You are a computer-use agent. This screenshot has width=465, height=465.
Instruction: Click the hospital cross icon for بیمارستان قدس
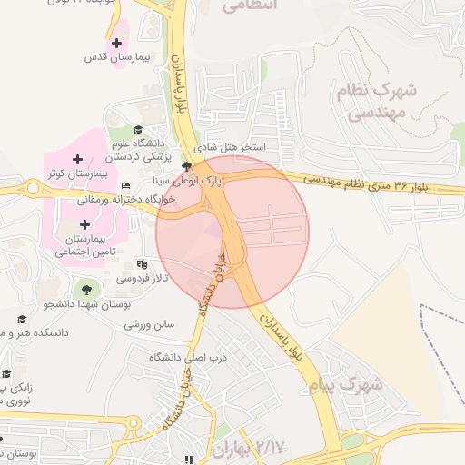coord(116,43)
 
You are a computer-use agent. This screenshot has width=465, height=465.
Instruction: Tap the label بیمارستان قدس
coord(115,57)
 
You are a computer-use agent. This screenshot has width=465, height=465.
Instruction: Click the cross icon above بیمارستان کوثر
coord(77,160)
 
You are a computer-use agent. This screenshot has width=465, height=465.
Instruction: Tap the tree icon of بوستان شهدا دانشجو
coord(85,290)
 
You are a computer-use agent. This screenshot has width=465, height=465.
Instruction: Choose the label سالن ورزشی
coord(149,323)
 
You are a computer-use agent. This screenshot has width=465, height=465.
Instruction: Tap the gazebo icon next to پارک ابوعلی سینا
coord(187,166)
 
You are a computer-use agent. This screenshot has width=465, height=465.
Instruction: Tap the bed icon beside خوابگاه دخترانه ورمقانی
coord(125,186)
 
